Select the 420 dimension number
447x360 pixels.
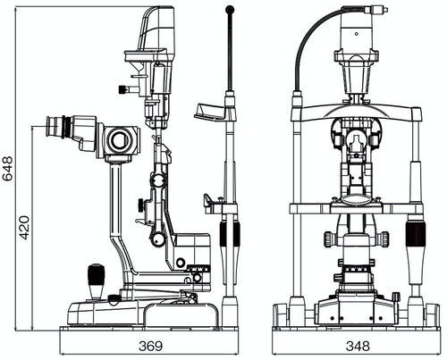25,227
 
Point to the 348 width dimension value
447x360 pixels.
357,345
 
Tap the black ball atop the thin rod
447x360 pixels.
230,11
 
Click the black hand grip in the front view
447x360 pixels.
415,238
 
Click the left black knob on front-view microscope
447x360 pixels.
329,239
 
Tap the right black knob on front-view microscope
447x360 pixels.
384,239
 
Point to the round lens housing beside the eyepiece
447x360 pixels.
118,139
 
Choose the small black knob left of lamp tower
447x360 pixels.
122,88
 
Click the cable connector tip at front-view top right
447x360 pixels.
383,10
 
